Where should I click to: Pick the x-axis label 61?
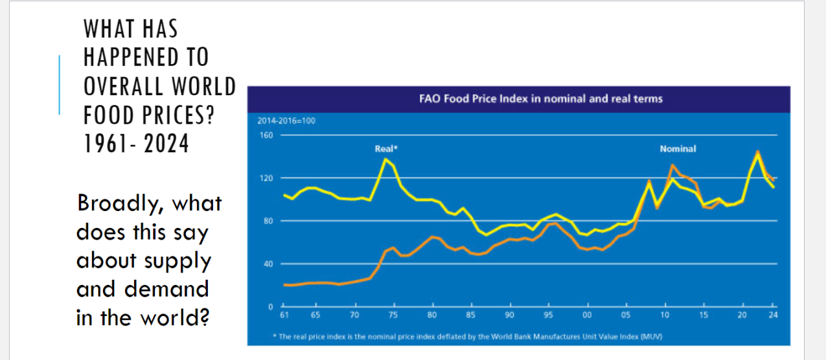[284, 315]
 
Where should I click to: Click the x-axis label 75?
[392, 315]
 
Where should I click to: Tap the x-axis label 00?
[587, 315]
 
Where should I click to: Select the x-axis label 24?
[773, 315]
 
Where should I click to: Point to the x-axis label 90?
[510, 315]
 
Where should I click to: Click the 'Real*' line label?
[386, 149]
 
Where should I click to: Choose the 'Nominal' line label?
[678, 149]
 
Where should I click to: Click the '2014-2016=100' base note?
[282, 121]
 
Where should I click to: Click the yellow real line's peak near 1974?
[386, 159]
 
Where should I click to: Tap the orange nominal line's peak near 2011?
[672, 165]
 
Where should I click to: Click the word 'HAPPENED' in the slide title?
[146, 57]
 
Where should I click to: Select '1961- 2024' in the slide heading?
[136, 143]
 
